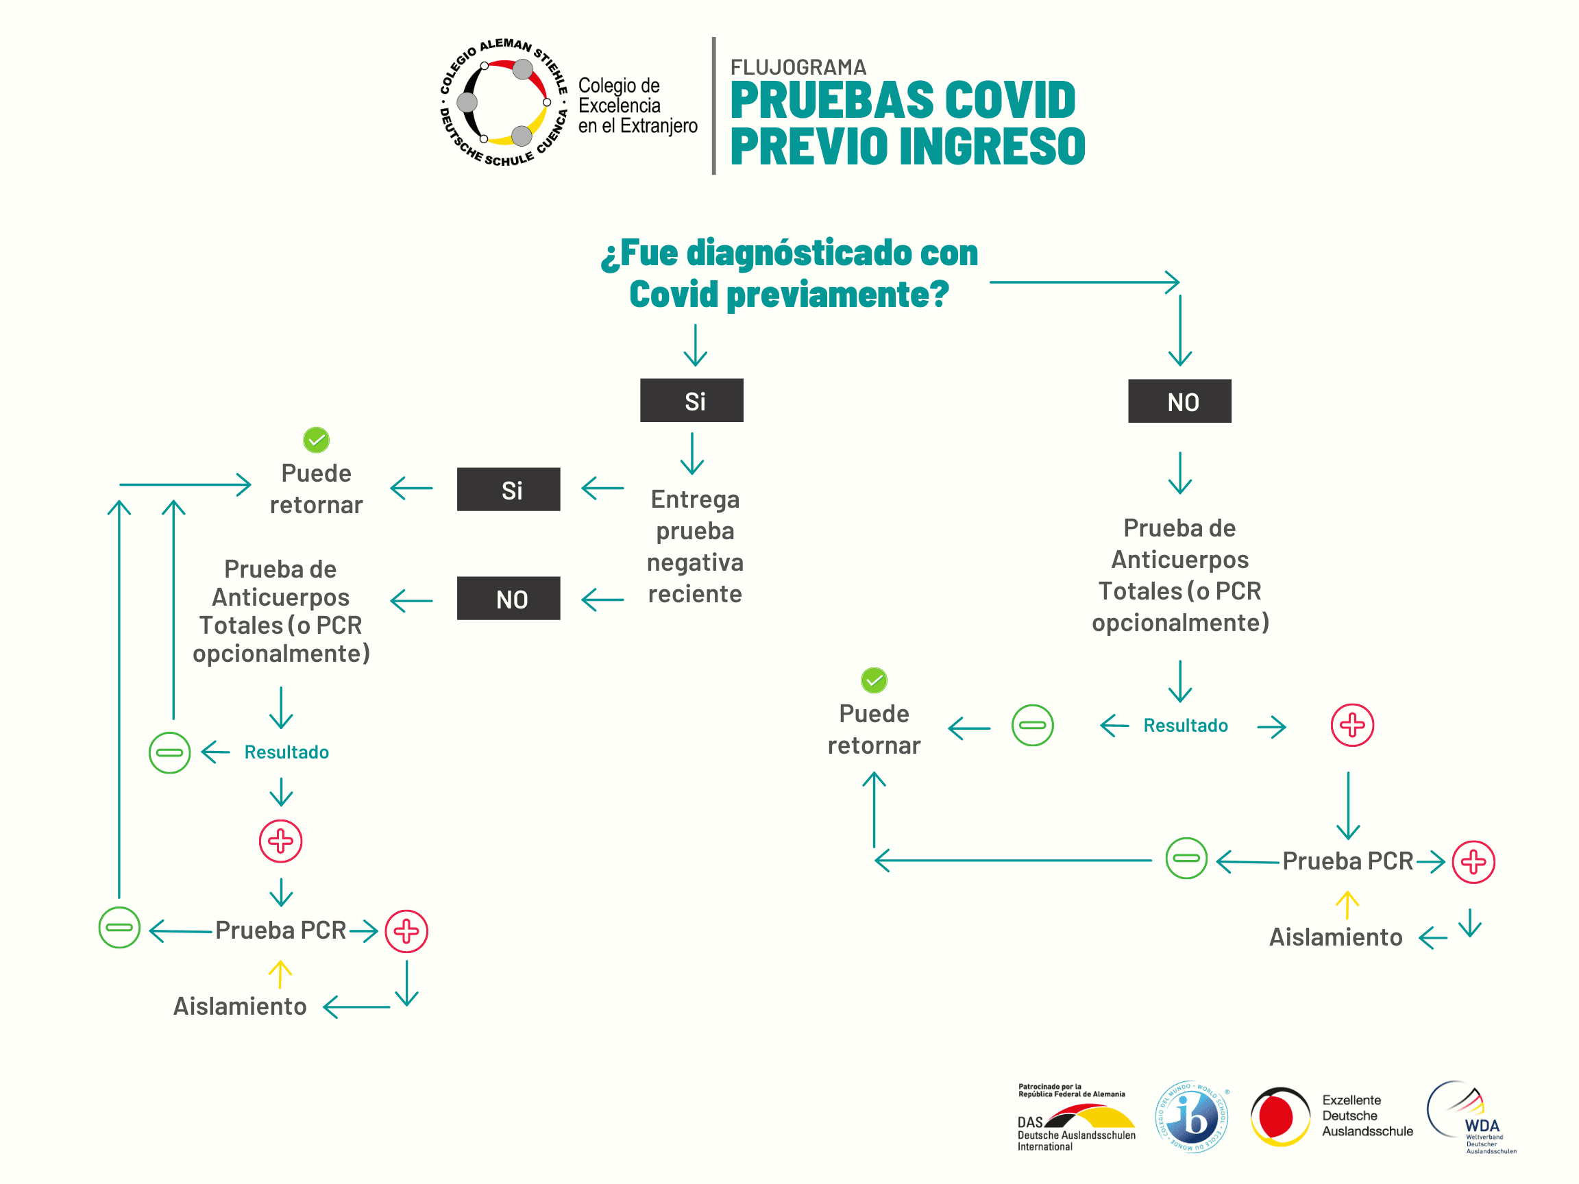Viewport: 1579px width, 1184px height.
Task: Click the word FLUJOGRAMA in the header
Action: click(798, 67)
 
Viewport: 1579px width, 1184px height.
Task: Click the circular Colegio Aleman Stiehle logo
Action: click(503, 103)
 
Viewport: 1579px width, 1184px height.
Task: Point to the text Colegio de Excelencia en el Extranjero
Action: click(637, 106)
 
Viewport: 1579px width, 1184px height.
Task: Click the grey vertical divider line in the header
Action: click(713, 106)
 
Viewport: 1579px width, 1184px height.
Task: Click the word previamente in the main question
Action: click(837, 294)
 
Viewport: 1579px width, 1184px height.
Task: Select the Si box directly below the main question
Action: click(691, 400)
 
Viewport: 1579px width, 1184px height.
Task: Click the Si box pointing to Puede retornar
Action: click(509, 490)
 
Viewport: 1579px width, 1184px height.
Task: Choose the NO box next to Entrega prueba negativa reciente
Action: click(509, 598)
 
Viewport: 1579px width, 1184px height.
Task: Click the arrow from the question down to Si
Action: click(696, 345)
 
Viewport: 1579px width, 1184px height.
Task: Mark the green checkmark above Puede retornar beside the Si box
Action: click(316, 440)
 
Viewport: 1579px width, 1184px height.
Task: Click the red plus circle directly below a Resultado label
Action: click(280, 841)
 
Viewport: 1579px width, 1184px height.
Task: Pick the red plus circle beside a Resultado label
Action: click(1352, 725)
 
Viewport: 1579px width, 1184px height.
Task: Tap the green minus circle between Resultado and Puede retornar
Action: click(1032, 725)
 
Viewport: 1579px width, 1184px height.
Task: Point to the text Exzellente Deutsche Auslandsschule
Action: click(1367, 1115)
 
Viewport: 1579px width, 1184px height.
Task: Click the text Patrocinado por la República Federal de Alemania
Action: click(1070, 1090)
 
